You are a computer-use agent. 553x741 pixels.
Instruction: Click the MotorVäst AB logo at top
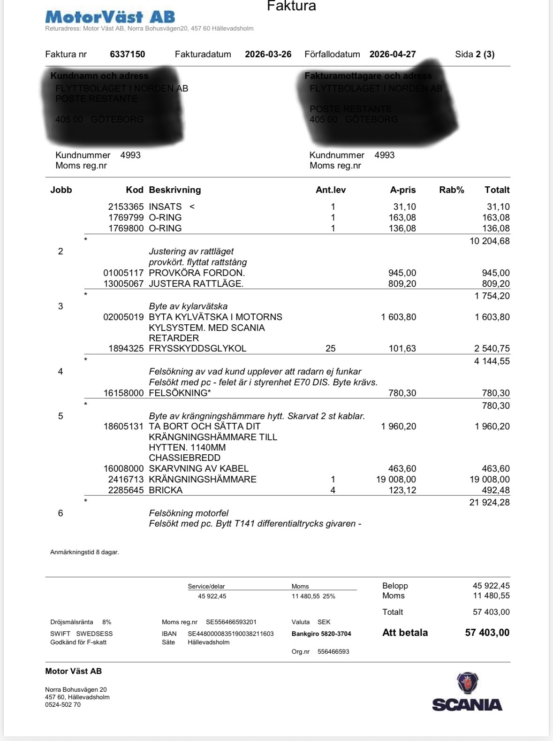pos(110,17)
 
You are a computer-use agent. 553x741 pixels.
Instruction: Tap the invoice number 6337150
pos(128,54)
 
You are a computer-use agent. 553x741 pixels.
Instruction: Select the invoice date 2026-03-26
pos(268,54)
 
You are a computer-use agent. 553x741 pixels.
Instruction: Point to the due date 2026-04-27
pos(393,54)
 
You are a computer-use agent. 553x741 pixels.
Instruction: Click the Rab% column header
pos(451,190)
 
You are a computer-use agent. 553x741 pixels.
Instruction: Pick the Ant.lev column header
pos(331,190)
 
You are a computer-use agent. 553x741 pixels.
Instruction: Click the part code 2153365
pos(126,206)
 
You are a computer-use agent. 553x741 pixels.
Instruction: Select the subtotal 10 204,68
pos(489,241)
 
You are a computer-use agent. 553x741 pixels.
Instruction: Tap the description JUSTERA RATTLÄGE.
pos(196,283)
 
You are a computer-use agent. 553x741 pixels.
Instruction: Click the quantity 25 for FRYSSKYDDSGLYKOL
pos(330,348)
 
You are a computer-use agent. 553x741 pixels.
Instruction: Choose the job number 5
pos(61,416)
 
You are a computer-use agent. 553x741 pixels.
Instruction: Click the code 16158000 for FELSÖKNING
pos(123,393)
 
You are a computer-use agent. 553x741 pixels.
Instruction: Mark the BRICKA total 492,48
pos(496,490)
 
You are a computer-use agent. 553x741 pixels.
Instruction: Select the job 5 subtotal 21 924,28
pos(489,502)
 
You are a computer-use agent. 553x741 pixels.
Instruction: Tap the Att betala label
pos(405,633)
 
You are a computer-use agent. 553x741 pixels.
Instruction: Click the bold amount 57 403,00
pos(487,633)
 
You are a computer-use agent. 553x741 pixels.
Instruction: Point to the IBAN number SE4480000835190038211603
pos(231,634)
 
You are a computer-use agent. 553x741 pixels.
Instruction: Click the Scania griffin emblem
pos(467,683)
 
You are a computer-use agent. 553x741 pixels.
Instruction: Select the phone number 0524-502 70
pos(63,704)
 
